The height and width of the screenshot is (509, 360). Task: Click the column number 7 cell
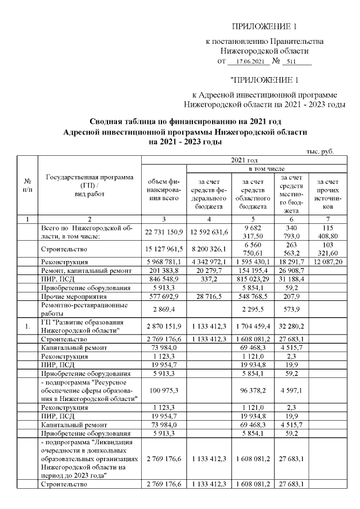coord(327,218)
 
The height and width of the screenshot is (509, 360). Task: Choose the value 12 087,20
coord(327,262)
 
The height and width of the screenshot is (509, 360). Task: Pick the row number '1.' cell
coord(27,325)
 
